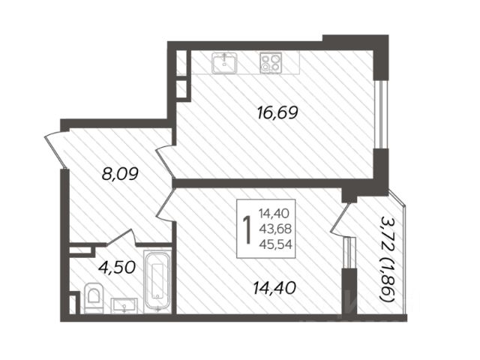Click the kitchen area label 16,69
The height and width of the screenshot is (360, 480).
[277, 113]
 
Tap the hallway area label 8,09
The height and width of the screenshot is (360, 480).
[120, 174]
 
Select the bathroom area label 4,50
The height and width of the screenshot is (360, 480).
[117, 267]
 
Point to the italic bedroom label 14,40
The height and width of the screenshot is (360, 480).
[274, 288]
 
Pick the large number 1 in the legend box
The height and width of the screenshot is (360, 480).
[247, 230]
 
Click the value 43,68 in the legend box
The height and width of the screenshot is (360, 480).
[275, 229]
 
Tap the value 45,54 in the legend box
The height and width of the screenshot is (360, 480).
[275, 244]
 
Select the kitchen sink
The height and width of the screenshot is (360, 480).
[225, 63]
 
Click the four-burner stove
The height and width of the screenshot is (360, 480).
[271, 63]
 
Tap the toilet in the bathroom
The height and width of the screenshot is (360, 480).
[94, 298]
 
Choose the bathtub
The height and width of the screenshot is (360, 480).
[157, 281]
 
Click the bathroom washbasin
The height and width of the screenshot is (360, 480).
[124, 306]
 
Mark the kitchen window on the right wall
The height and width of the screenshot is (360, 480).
[381, 114]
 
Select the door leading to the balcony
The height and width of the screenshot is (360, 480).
[340, 220]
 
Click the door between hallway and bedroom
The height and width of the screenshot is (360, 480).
[166, 204]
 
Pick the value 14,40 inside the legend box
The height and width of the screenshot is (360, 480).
[274, 213]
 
